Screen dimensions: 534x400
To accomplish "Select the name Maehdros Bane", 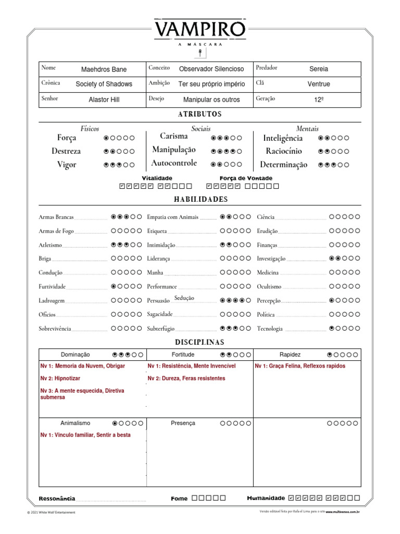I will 104,69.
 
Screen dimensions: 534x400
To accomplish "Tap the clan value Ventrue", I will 318,84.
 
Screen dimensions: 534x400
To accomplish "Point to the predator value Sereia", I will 318,69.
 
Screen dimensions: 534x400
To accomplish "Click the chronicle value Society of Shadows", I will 104,84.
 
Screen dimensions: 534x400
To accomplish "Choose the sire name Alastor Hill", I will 104,100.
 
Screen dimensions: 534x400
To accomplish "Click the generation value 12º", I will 319,100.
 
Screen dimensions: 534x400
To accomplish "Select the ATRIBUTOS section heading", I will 200,114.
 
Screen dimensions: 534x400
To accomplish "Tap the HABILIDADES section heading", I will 200,200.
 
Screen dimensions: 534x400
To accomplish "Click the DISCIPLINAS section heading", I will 200,342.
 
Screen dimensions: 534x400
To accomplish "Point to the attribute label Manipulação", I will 174,150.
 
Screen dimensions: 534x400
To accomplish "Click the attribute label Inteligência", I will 283,138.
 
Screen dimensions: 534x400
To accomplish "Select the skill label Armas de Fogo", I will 56,231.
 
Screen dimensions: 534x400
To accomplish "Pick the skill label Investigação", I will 271,259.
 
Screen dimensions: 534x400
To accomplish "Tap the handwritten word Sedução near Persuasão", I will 184,298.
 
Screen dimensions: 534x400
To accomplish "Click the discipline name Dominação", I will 76,355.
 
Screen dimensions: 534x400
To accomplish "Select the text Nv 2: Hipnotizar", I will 60,378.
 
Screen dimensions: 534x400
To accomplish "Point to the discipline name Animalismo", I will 76,423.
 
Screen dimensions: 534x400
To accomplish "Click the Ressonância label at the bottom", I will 57,499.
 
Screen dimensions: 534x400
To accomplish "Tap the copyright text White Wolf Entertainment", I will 51,513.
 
